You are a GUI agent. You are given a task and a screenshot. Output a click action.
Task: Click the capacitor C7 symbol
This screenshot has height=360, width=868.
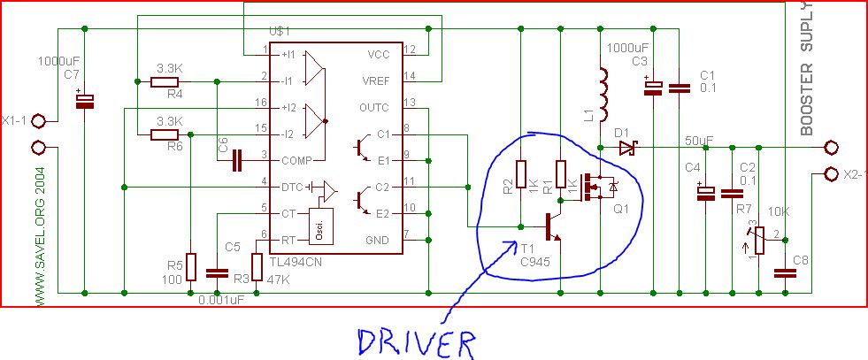(85, 103)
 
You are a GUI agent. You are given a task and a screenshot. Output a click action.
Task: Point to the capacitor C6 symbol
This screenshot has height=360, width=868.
(236, 161)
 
